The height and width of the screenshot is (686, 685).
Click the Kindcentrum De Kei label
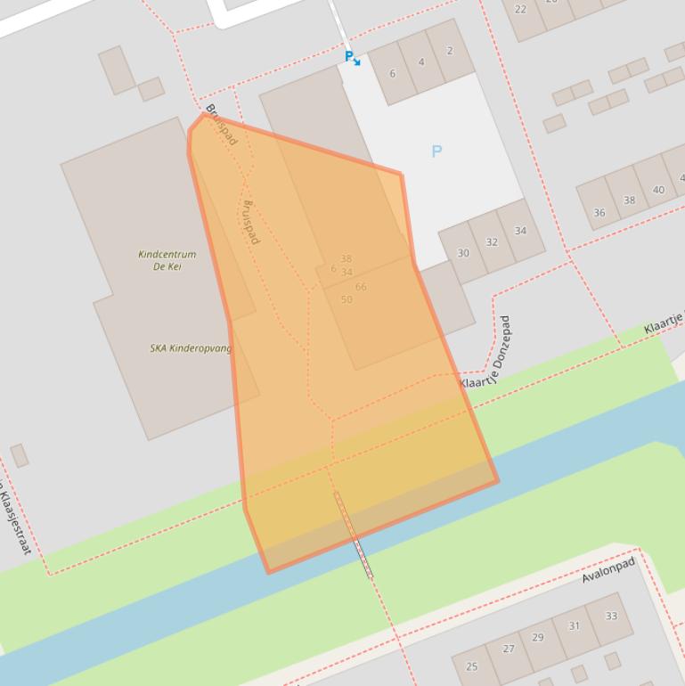167,260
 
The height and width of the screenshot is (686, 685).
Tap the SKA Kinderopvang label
191,348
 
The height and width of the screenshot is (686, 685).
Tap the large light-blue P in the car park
436,152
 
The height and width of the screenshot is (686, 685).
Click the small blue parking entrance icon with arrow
352,58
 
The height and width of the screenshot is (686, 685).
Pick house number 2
450,51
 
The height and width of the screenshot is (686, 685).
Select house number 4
421,62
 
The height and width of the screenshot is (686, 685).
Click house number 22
520,10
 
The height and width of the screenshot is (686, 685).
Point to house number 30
463,253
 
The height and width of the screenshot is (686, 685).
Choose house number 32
492,242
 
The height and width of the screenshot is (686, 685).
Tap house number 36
599,213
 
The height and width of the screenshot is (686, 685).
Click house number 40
658,190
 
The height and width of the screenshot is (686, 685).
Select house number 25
472,666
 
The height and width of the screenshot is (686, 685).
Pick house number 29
537,637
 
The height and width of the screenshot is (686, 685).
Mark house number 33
611,616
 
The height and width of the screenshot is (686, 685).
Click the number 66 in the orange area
361,287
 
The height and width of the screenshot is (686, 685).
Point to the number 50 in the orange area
347,300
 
